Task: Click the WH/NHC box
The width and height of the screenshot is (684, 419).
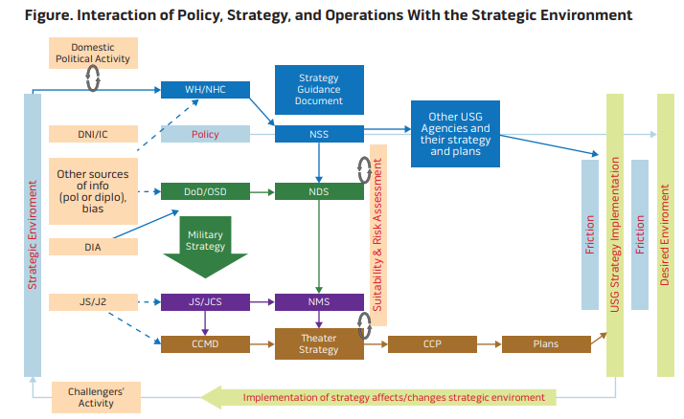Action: [205, 90]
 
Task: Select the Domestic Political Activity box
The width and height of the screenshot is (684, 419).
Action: [93, 54]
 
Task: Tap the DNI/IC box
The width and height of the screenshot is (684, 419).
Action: [93, 135]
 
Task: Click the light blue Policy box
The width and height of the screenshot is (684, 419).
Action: [205, 135]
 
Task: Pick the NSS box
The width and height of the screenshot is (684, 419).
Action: [320, 135]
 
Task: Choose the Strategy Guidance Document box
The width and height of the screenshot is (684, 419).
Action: [320, 88]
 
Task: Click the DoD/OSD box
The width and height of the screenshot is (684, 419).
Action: [205, 191]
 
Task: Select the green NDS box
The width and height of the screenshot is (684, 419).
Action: [320, 191]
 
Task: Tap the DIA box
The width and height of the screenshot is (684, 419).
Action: [93, 247]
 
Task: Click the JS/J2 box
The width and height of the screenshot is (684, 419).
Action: [93, 302]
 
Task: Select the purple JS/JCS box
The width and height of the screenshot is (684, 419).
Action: [205, 302]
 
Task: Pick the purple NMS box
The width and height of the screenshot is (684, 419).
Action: [320, 302]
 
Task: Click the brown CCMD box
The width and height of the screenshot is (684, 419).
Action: [205, 342]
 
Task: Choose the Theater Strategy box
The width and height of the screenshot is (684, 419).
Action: [320, 343]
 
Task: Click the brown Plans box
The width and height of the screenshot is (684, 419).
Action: [543, 342]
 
